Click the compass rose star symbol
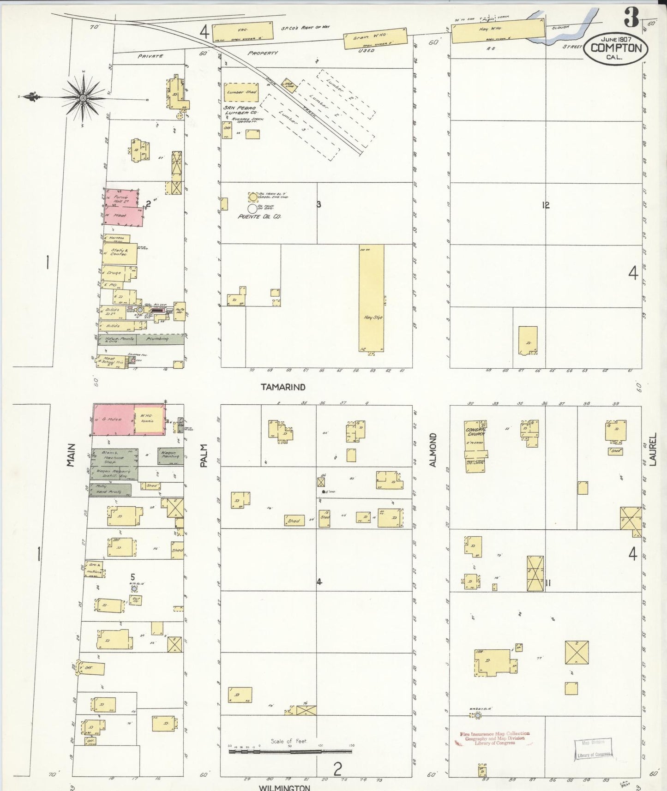point(83,98)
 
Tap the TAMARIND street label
point(283,387)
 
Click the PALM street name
point(204,455)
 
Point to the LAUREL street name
point(653,449)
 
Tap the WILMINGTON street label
point(284,787)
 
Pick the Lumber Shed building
point(241,92)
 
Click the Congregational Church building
point(475,446)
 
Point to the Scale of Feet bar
point(290,751)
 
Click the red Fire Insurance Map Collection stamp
point(494,738)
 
